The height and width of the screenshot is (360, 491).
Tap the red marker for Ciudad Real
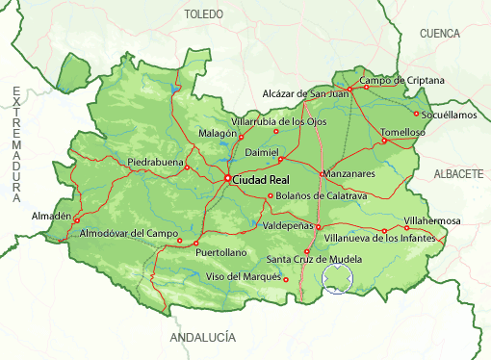click(x=228, y=178)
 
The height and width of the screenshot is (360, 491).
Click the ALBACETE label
click(x=457, y=173)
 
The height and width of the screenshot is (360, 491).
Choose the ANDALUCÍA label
click(x=202, y=339)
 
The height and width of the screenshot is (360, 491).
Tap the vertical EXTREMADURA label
click(x=16, y=144)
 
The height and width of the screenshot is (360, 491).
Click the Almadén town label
click(x=51, y=215)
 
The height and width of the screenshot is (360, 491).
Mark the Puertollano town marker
click(x=195, y=243)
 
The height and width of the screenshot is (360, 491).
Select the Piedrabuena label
click(x=155, y=163)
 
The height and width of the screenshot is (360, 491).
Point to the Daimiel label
click(x=261, y=153)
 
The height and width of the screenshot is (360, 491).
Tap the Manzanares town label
click(x=349, y=173)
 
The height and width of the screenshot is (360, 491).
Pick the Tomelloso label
click(x=402, y=131)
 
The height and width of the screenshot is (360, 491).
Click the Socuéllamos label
click(x=450, y=115)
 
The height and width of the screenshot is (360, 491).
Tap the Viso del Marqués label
click(x=244, y=277)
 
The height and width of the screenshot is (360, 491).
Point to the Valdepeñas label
click(x=288, y=225)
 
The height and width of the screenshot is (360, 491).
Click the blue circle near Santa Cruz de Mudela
click(x=338, y=279)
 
